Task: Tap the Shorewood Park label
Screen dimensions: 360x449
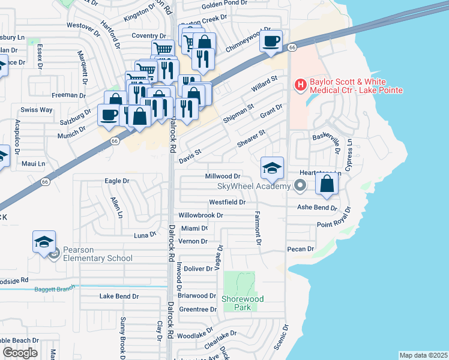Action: (243, 302)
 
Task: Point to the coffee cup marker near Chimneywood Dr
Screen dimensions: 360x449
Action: (271, 41)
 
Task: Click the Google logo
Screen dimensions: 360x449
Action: (20, 353)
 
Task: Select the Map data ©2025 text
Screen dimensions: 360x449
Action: (423, 355)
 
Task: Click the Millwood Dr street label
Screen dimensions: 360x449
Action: (223, 176)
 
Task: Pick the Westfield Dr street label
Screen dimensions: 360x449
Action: (228, 202)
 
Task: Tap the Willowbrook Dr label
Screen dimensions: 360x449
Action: (201, 215)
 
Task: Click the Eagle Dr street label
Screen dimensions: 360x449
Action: (117, 181)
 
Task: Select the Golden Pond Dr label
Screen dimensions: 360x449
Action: (224, 4)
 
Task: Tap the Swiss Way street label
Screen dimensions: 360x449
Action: (37, 110)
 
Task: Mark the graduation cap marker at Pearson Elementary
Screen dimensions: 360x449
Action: (44, 242)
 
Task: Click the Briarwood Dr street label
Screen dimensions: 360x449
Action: (197, 296)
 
